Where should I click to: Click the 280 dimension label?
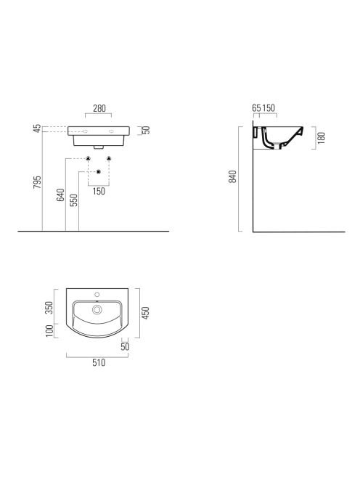click(x=99, y=108)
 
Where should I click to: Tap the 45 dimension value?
click(x=37, y=128)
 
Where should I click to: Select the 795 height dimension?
click(x=37, y=182)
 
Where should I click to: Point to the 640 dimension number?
click(x=60, y=195)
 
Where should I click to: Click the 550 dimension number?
click(x=74, y=200)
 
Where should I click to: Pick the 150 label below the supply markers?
click(x=99, y=191)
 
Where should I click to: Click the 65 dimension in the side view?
click(x=256, y=108)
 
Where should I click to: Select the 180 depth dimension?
click(x=321, y=138)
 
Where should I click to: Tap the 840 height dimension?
click(x=233, y=176)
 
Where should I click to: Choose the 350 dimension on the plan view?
click(x=49, y=308)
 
